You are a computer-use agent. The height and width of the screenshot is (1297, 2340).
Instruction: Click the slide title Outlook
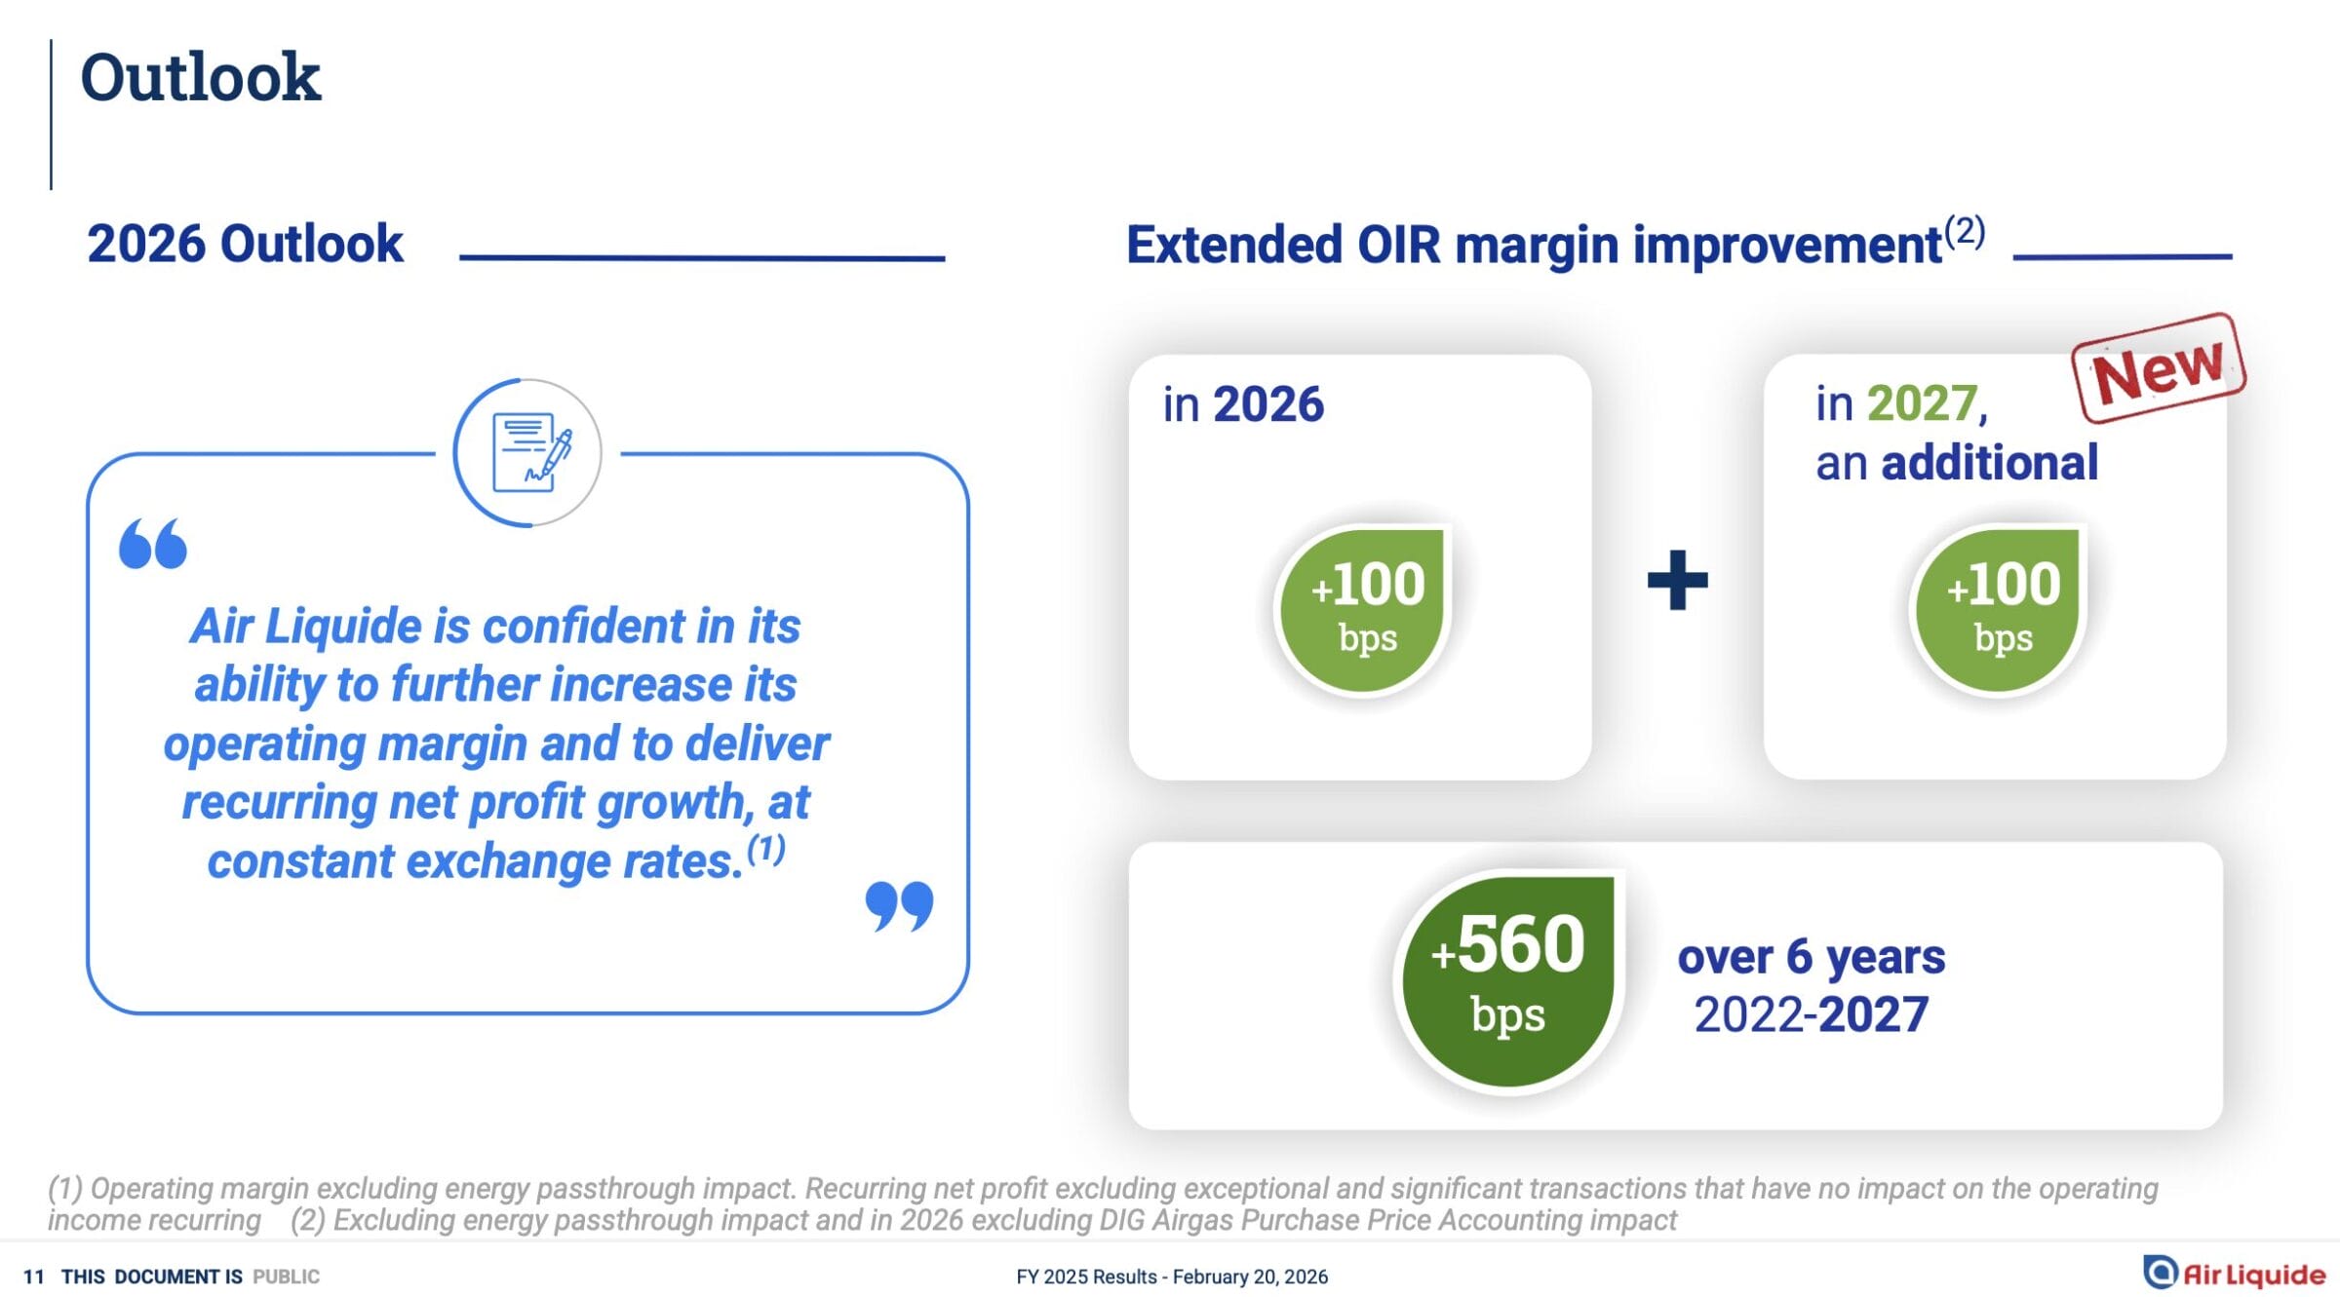coord(200,77)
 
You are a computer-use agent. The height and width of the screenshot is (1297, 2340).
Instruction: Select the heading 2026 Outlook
coord(245,244)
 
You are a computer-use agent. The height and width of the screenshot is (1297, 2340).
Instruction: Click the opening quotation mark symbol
coord(153,543)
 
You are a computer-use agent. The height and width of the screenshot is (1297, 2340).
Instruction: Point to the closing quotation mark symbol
coord(899,906)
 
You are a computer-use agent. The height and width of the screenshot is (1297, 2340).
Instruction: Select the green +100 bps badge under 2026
coord(1365,609)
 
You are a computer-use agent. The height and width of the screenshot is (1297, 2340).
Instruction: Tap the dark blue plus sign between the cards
coord(1677,580)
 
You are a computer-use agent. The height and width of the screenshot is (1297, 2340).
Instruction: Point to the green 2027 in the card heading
coord(1922,403)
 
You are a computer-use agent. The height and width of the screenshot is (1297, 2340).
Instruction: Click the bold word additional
coord(1990,462)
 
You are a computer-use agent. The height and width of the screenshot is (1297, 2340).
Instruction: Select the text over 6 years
coord(1812,957)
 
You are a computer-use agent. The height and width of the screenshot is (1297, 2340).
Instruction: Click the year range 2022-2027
coord(1812,1014)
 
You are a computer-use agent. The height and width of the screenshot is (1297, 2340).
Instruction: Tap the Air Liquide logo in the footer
coord(2234,1273)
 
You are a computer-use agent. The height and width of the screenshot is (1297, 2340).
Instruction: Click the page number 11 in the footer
coord(33,1277)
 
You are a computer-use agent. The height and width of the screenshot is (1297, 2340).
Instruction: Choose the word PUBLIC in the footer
coord(286,1277)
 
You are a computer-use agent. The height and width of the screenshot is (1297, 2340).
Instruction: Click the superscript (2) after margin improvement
coord(1965,231)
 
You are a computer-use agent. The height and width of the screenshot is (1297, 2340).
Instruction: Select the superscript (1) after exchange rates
coord(766,849)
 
